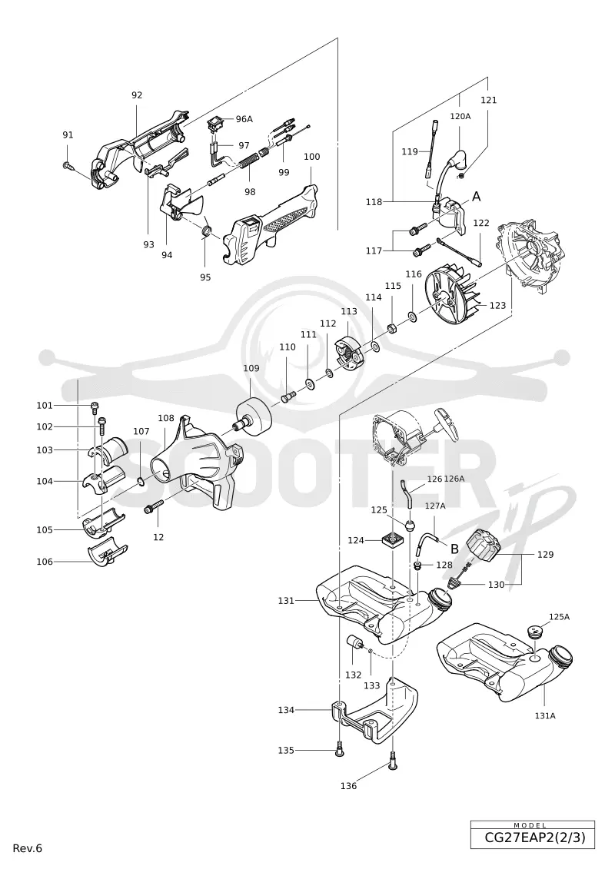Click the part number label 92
(137, 95)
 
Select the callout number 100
(311, 157)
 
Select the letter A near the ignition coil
(476, 196)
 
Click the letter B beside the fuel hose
(454, 549)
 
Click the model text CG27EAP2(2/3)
(533, 837)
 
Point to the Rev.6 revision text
(28, 848)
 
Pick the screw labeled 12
(154, 506)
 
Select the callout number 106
(45, 562)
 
